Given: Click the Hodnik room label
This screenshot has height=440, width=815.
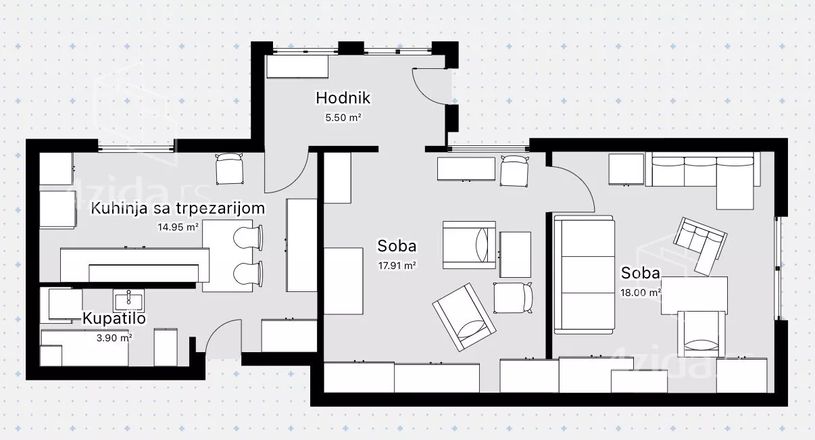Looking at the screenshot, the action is pos(343,98).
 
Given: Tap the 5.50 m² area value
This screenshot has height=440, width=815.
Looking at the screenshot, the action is pos(343,118).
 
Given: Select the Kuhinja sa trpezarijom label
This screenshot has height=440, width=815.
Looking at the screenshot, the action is pos(178,209).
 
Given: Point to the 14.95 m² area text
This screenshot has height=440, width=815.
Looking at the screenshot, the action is pos(178,227).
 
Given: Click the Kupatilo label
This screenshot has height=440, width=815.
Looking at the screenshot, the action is pos(114,318).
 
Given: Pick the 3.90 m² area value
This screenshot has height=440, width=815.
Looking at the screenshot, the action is pos(114,338).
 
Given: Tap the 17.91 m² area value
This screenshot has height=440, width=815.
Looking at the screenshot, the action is pos(397,266).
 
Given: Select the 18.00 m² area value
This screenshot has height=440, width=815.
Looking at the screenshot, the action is pos(641,293).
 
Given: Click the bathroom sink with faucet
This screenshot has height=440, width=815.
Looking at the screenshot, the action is pos(128,301).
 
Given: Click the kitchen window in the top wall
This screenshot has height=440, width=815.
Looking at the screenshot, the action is pos(136,148).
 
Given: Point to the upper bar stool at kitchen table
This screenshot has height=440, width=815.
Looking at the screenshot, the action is pos(248,238).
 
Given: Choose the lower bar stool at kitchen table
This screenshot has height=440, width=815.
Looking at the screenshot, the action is pos(248,274).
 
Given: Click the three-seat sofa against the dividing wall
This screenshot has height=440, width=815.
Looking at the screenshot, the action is pos(584,275).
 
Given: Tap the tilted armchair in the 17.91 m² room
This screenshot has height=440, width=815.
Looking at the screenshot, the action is pos(464,318).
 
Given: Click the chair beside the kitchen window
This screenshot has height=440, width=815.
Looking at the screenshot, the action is pos(229,168).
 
